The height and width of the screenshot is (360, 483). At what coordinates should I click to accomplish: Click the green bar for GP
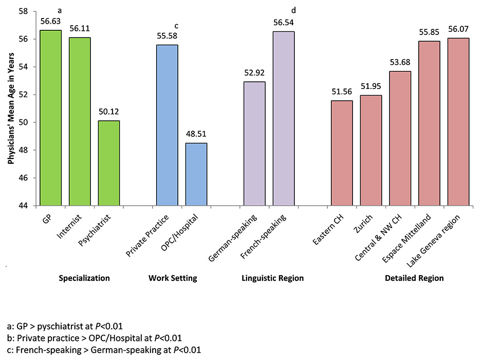tap(51, 118)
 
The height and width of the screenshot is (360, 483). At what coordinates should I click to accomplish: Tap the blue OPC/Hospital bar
tap(196, 174)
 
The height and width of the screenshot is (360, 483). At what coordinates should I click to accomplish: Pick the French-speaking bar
tap(284, 118)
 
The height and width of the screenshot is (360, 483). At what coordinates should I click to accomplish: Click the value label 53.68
tap(400, 63)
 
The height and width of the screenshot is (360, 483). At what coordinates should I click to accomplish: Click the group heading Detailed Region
tap(414, 278)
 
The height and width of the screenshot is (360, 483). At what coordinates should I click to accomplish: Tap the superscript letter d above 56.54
tap(293, 10)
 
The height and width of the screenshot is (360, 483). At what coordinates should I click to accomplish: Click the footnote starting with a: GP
tap(65, 326)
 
